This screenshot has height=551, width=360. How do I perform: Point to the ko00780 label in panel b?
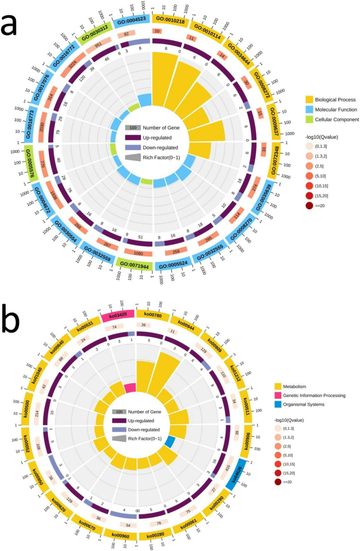coord(152,315)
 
